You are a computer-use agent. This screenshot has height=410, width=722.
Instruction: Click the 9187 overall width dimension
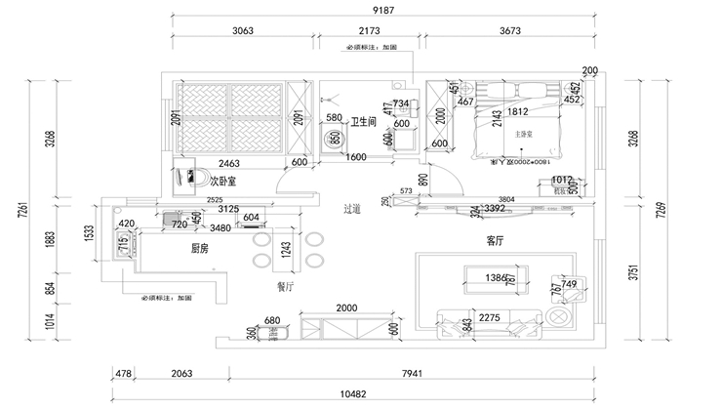click(x=381, y=10)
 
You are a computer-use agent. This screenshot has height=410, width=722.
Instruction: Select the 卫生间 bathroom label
click(x=364, y=122)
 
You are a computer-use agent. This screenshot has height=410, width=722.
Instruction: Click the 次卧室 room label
click(x=223, y=181)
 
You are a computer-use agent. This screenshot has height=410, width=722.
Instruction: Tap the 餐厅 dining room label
click(x=286, y=286)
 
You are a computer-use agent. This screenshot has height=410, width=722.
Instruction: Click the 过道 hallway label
click(x=352, y=208)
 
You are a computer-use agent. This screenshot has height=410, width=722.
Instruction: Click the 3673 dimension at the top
click(x=510, y=31)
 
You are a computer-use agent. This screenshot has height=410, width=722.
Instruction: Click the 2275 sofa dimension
click(x=491, y=316)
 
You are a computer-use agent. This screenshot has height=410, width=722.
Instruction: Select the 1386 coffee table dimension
click(x=499, y=279)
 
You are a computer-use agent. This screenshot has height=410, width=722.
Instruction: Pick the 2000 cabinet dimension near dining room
click(x=347, y=307)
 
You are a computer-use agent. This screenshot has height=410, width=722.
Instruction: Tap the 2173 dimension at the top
click(x=369, y=31)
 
